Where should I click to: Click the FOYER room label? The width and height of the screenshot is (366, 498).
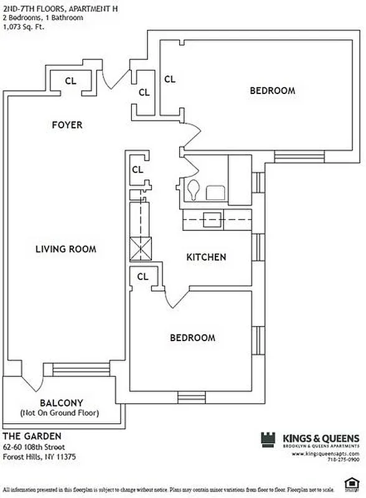click(x=67, y=125)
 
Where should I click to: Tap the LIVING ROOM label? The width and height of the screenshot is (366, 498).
click(x=65, y=249)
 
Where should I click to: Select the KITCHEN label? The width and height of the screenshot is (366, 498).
click(x=206, y=257)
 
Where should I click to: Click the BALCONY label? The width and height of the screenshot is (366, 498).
click(x=61, y=403)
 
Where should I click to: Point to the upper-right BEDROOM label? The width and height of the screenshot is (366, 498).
click(x=272, y=91)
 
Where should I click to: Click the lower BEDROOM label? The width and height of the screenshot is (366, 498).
click(x=192, y=338)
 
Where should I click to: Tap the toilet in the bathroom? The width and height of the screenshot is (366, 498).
click(x=194, y=189)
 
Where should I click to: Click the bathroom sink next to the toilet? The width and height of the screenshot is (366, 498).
click(x=216, y=192)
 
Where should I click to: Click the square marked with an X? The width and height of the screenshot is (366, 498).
click(x=141, y=249)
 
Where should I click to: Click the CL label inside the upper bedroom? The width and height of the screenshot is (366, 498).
click(x=169, y=80)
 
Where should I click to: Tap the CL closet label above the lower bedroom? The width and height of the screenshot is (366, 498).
click(x=143, y=276)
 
